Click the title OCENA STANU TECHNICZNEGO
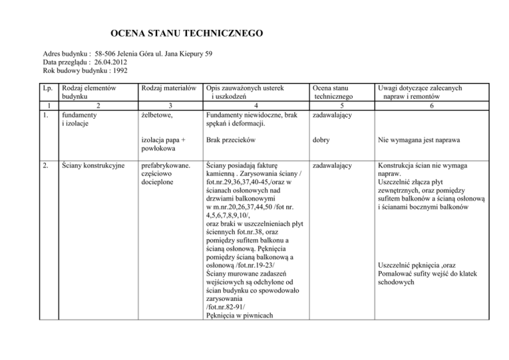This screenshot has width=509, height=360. pyautogui.click(x=186, y=32)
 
